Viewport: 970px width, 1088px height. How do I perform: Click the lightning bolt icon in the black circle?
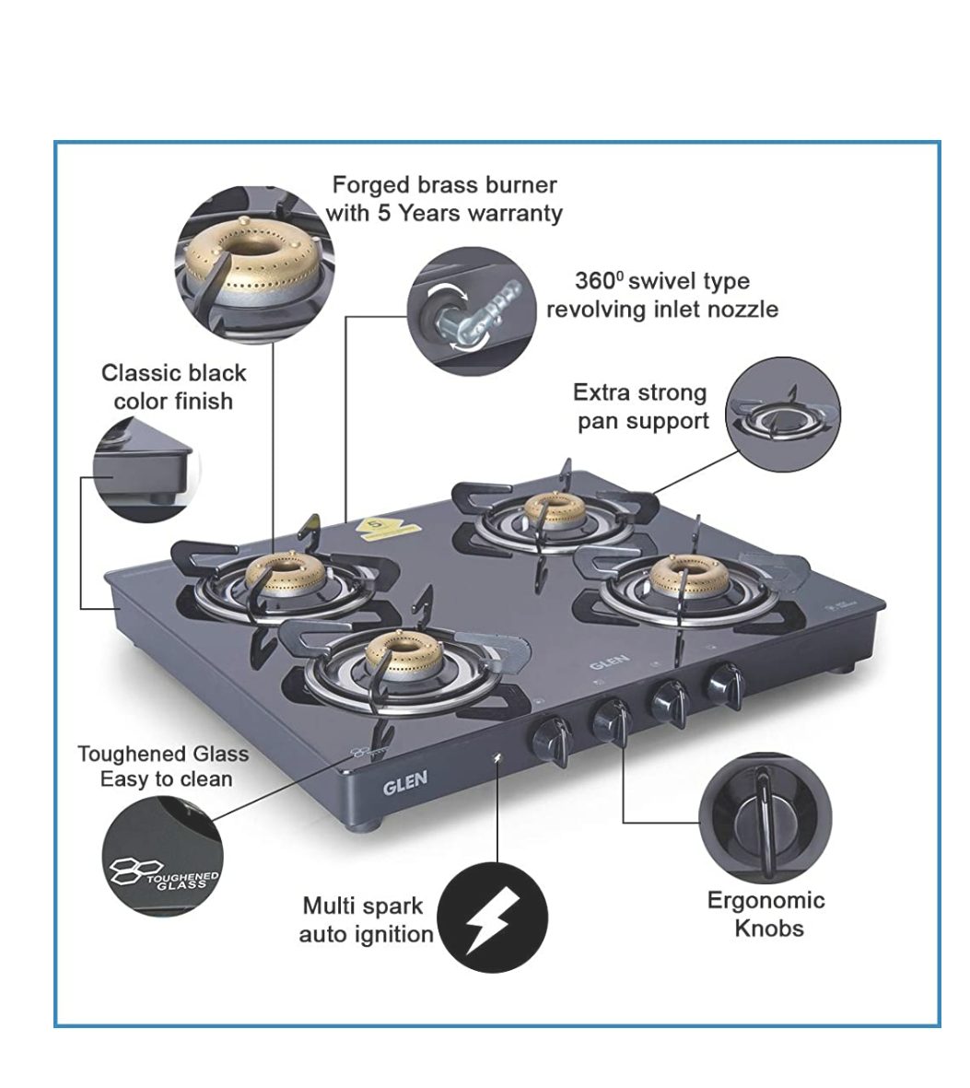(x=491, y=918)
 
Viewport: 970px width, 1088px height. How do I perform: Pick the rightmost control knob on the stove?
(x=724, y=685)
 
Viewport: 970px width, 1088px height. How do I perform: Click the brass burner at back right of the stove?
(x=689, y=572)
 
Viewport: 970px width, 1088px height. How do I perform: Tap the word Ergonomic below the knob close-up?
(x=765, y=900)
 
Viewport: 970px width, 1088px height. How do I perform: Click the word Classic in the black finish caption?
(x=140, y=373)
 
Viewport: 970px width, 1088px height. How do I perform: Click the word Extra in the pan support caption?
(x=601, y=393)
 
